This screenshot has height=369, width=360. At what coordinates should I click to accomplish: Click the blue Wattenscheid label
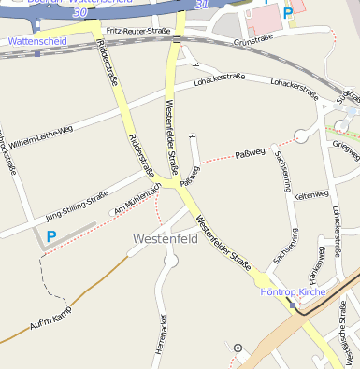35,42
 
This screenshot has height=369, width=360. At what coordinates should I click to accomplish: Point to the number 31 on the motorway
202,6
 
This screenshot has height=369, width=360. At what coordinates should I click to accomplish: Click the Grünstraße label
253,40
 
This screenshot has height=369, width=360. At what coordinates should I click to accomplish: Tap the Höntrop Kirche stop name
290,291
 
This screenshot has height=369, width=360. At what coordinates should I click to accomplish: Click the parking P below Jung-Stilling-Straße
51,238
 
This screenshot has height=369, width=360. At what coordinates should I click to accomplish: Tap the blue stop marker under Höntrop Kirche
293,305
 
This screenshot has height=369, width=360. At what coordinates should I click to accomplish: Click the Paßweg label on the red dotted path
251,151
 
